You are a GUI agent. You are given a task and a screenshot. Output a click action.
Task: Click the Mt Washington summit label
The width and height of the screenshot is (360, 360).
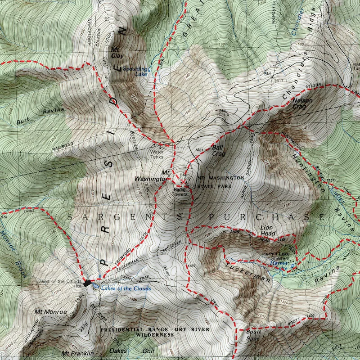(152, 175)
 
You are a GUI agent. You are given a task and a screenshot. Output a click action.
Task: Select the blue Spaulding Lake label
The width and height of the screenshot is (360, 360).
(135, 72)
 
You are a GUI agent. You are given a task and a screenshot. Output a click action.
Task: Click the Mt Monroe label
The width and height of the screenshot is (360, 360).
(50, 311)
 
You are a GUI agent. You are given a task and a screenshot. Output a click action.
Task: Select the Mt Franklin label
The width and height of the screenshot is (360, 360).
(78, 352)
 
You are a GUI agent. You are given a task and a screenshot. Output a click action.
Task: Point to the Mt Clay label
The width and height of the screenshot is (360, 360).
(117, 52)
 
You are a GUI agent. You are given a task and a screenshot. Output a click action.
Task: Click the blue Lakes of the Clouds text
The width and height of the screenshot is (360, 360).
(126, 288)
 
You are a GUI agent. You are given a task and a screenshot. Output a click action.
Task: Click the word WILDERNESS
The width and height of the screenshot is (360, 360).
(155, 335)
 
